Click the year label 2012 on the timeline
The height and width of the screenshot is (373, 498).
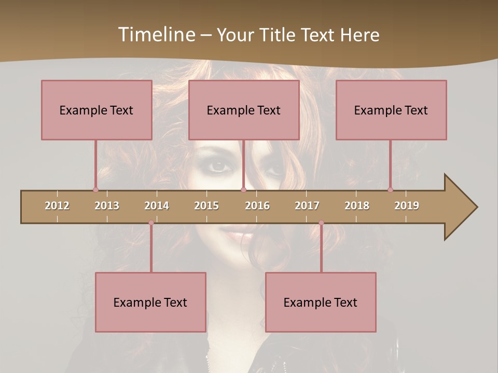(x=57, y=206)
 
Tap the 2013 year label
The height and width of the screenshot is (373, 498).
(x=107, y=206)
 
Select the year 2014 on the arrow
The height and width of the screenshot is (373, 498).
(x=157, y=206)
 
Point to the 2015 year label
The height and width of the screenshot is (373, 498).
(x=206, y=206)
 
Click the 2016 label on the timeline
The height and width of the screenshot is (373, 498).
(x=257, y=206)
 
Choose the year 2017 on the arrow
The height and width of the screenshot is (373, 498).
(x=307, y=206)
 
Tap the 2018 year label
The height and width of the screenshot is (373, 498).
(x=357, y=206)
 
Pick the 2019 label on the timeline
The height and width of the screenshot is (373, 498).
(x=407, y=206)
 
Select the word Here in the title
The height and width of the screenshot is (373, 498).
(x=359, y=35)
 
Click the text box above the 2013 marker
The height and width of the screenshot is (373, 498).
(x=96, y=110)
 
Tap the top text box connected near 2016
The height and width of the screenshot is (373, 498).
(x=244, y=110)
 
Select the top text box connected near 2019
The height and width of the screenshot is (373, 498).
(x=391, y=110)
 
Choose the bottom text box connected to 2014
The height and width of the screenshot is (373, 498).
(x=150, y=302)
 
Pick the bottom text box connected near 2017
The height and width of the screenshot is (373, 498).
(x=321, y=302)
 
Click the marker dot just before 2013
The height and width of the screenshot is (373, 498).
(x=95, y=190)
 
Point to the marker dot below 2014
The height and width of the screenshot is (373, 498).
(x=151, y=223)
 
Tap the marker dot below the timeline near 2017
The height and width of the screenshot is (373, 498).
(x=321, y=223)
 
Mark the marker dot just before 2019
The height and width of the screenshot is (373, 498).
(x=390, y=190)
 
